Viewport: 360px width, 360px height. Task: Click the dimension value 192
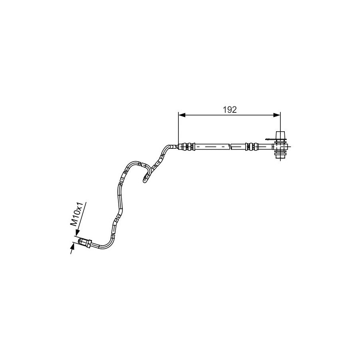[x=230, y=110]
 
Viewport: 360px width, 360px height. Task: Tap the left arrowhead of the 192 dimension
[x=182, y=115]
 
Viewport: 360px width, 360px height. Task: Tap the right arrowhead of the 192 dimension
[x=277, y=115]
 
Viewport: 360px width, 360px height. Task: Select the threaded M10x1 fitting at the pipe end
[x=85, y=243]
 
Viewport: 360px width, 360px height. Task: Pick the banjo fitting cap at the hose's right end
[x=280, y=135]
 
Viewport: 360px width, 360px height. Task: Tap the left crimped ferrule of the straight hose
[x=187, y=147]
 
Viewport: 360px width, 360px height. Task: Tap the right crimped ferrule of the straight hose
[x=252, y=147]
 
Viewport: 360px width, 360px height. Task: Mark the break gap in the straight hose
[x=230, y=147]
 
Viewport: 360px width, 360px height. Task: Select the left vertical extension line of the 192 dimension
[x=178, y=130]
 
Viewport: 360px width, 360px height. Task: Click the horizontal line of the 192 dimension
[x=229, y=115]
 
